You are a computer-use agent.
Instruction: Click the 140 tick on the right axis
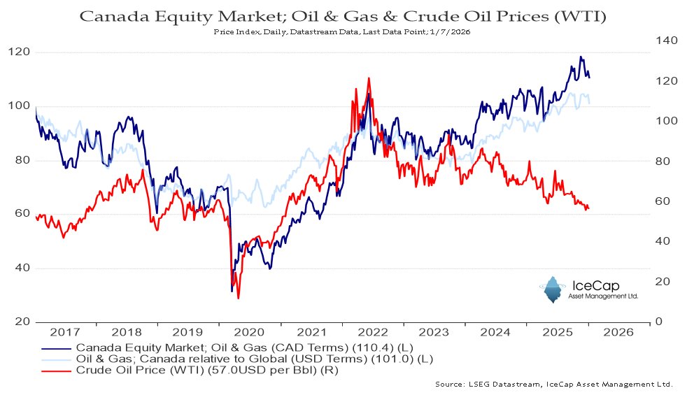click(666, 41)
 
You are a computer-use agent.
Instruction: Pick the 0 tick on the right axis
click(658, 322)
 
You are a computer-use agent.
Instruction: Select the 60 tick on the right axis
click(663, 201)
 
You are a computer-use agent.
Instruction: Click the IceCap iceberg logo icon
click(552, 289)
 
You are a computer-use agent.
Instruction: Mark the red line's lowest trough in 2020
click(239, 299)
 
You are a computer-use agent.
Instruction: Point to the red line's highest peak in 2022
click(368, 78)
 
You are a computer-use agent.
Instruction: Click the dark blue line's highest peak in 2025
click(581, 57)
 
